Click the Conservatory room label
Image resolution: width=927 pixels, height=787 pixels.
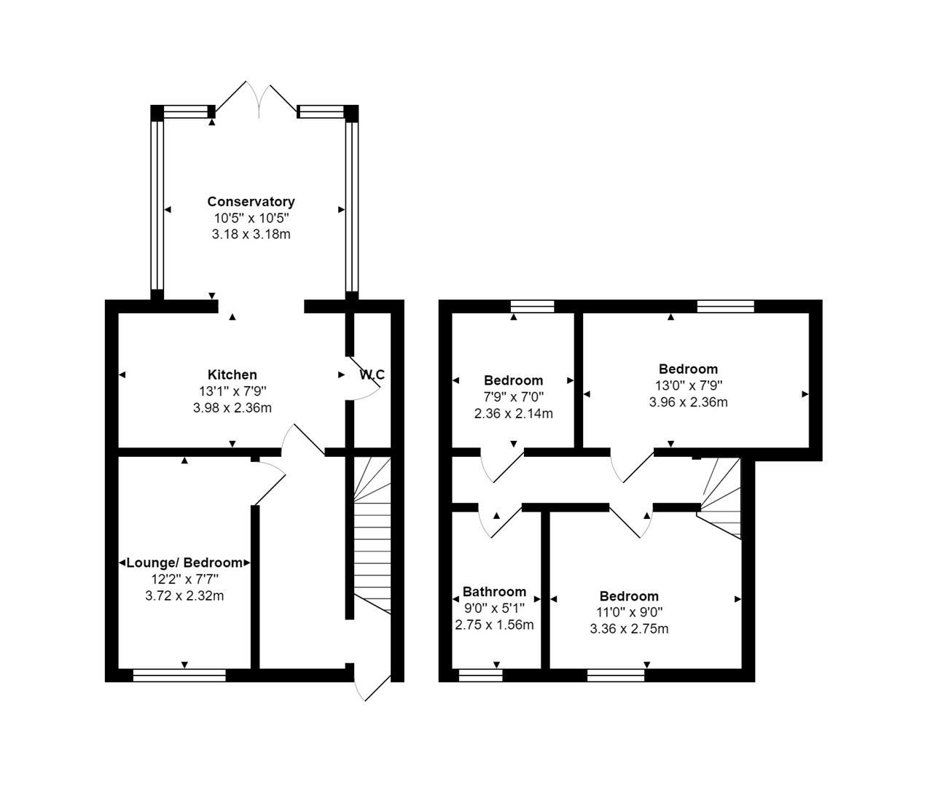pyautogui.click(x=251, y=202)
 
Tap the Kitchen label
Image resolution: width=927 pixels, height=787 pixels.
pyautogui.click(x=232, y=375)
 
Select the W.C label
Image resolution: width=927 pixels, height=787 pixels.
pyautogui.click(x=372, y=375)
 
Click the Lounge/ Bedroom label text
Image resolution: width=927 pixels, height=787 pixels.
pyautogui.click(x=184, y=563)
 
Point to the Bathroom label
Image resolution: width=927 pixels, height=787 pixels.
pyautogui.click(x=494, y=592)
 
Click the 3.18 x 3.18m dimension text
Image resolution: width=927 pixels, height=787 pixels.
pyautogui.click(x=251, y=234)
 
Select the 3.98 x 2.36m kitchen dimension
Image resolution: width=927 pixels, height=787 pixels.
pyautogui.click(x=232, y=408)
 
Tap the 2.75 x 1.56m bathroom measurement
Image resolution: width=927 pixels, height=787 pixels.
pyautogui.click(x=494, y=624)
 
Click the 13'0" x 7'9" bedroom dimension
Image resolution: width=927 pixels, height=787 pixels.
pyautogui.click(x=688, y=385)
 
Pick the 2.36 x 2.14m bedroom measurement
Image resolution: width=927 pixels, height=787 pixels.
pyautogui.click(x=513, y=413)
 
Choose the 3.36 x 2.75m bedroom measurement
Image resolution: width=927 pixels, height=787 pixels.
pyautogui.click(x=629, y=628)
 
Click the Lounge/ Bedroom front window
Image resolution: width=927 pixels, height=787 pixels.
pyautogui.click(x=179, y=676)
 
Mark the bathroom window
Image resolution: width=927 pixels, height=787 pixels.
pyautogui.click(x=480, y=676)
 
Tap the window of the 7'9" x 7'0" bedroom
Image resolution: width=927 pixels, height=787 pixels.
pyautogui.click(x=532, y=306)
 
